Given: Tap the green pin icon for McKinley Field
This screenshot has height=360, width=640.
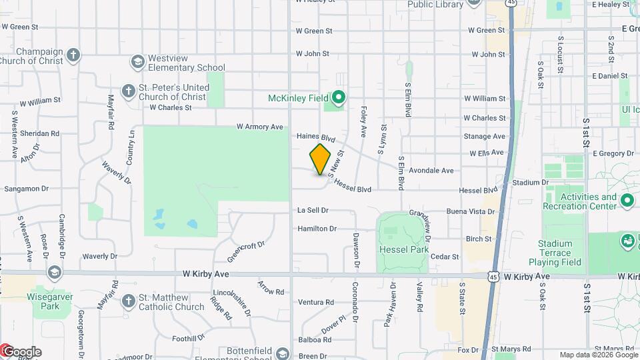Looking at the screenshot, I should pos(338,99).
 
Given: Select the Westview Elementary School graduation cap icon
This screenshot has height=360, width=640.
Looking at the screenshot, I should pos(137,61).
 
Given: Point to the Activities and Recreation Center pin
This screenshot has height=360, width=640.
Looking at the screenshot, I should pos(627,200).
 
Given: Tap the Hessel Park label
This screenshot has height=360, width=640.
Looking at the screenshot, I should pos(403,249).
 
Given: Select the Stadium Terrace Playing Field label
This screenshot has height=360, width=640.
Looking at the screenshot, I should pos(555,253).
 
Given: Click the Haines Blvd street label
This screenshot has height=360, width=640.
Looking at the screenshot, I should pos(315,137).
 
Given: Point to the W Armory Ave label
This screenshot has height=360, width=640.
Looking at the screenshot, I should pos(260,127).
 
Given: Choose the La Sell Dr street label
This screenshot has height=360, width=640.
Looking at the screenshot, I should pos(313,210).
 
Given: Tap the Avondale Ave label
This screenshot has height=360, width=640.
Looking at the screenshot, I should pos(431,171).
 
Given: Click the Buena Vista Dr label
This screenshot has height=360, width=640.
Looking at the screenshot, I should pos(471,211).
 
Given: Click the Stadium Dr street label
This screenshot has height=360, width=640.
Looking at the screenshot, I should pos(530,182).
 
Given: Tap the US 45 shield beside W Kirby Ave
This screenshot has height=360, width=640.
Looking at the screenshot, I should pos(491,275).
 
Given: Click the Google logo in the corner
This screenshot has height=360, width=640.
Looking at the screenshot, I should pos(21,351).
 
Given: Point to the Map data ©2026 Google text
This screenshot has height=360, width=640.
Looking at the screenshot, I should pos(598,355).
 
